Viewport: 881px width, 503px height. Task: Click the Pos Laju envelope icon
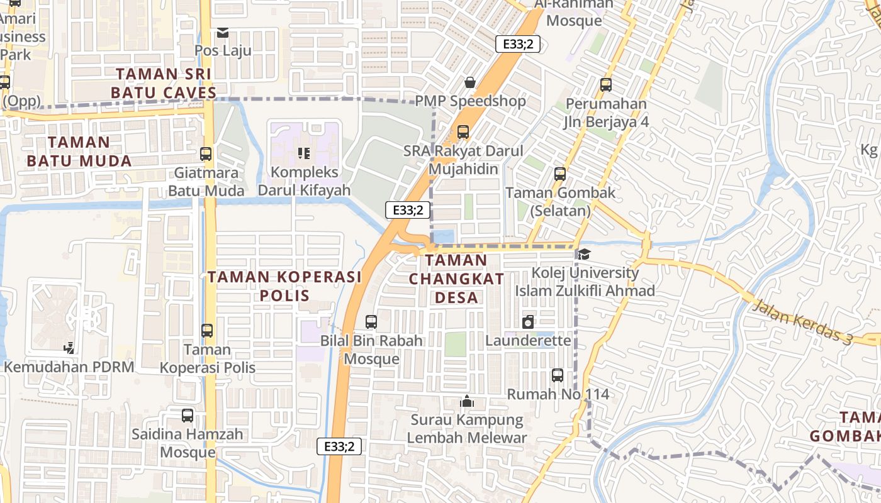point(223,32)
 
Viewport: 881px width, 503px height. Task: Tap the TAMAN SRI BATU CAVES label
point(164,83)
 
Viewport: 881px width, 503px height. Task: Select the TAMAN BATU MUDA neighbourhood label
point(79,152)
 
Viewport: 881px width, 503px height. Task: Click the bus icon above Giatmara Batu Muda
point(206,153)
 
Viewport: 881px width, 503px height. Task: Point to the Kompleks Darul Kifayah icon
point(304,153)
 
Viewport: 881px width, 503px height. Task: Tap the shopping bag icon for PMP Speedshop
point(470,82)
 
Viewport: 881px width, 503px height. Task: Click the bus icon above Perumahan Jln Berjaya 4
point(606,84)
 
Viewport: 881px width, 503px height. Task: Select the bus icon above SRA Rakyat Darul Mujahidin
point(463,132)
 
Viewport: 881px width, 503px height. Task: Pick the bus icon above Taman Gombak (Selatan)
point(560,174)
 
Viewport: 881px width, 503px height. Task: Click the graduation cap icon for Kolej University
point(585,254)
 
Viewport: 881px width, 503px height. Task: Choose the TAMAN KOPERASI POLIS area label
point(285,286)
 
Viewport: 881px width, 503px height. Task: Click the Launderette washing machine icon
point(528,322)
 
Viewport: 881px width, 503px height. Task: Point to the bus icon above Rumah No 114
point(558,375)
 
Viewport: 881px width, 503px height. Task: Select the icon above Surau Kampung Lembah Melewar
point(467,401)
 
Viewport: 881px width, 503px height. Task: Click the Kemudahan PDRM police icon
point(69,348)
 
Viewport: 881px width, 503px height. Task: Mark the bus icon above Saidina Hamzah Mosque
point(188,415)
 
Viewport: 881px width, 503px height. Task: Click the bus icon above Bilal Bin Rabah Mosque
point(371,322)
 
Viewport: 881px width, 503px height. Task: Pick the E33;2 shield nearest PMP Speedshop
point(518,44)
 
